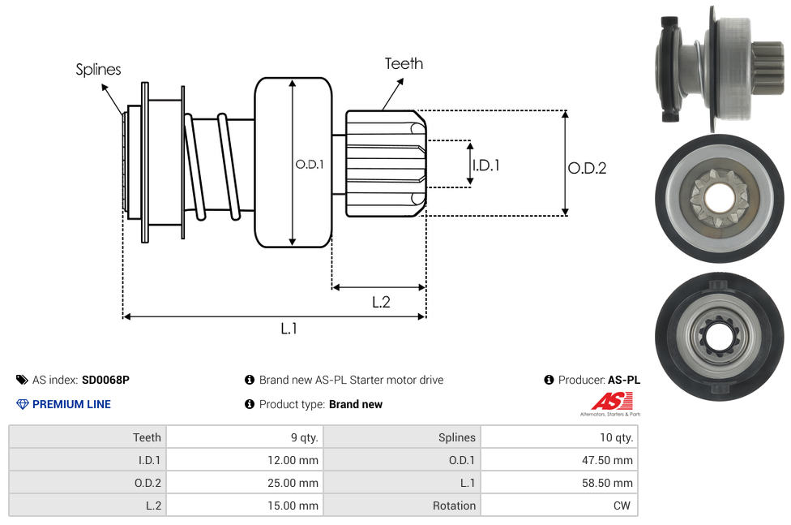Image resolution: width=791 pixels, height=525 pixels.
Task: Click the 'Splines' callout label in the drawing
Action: coord(98,70)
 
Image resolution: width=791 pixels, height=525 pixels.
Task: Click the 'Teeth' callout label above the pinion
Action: coord(404,63)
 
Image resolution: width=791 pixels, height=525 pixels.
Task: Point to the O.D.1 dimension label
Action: coord(310,164)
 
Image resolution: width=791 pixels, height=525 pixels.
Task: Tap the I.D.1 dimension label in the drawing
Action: coord(485,166)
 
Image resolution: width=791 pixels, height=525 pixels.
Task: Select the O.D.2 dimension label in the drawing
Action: coord(587,168)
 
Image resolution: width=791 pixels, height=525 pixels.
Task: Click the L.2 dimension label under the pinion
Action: coord(381,302)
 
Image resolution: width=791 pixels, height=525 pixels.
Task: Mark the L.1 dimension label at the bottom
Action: coord(289,329)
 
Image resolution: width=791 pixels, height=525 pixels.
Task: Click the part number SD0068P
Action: coord(105,380)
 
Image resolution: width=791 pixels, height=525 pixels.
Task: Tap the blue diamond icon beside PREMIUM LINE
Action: coord(22,404)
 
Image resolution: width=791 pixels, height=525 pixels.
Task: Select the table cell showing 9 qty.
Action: coord(304,437)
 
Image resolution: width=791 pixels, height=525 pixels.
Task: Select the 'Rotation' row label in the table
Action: coord(454,506)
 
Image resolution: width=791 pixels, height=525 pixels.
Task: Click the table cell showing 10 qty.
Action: coord(616,437)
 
